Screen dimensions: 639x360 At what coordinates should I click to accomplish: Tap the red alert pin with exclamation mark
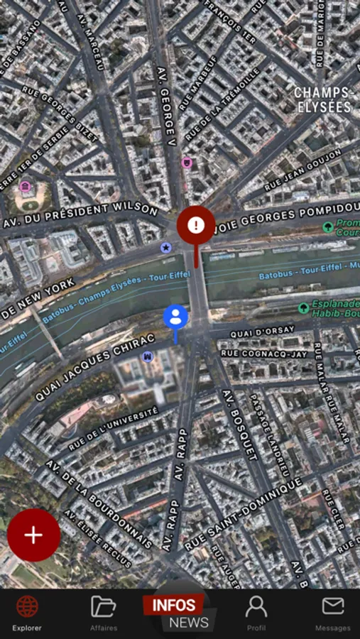pyautogui.click(x=196, y=225)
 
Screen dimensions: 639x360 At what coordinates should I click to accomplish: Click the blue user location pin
pyautogui.click(x=175, y=317)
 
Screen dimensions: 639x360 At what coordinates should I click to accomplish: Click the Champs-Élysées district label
pyautogui.click(x=323, y=99)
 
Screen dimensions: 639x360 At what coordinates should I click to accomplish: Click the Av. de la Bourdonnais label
pyautogui.click(x=99, y=505)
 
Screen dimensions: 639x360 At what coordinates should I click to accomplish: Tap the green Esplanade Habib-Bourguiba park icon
pyautogui.click(x=304, y=308)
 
